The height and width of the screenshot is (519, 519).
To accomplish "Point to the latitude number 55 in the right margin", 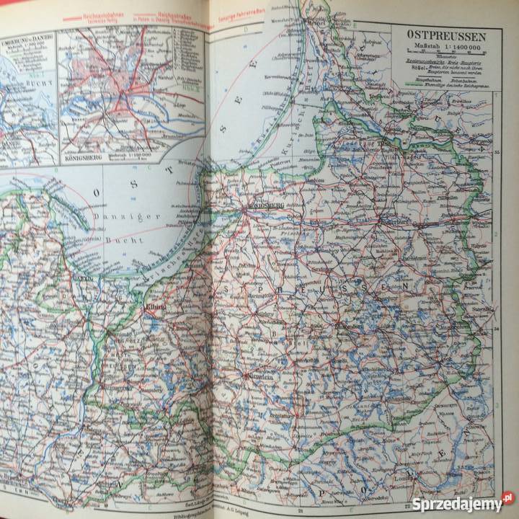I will point(497,153).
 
